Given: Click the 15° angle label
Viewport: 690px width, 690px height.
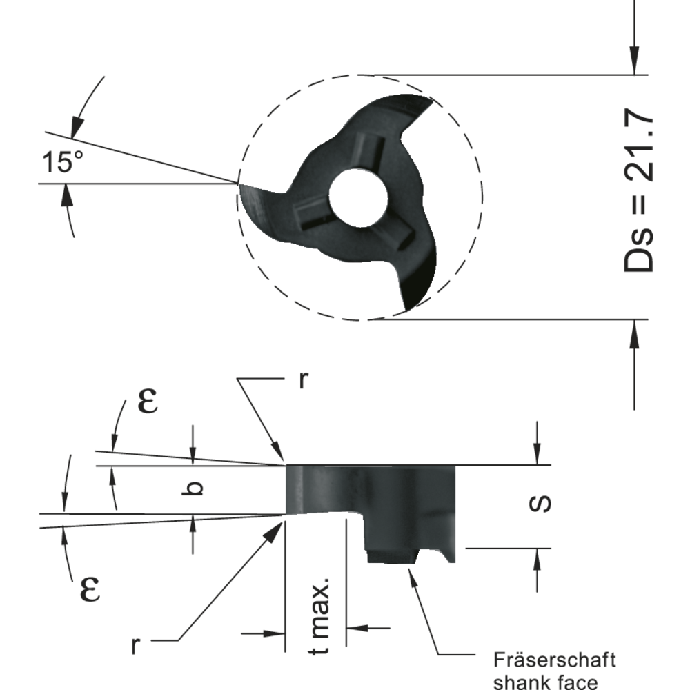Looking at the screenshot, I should click(x=62, y=162).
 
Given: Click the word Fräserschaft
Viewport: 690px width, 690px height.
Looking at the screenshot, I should click(x=555, y=660).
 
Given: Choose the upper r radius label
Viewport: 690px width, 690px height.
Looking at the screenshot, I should click(x=302, y=382).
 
